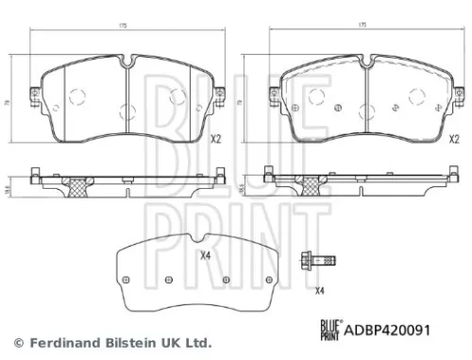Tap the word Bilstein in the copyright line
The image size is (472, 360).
point(129,342)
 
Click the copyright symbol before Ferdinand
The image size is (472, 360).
point(17,342)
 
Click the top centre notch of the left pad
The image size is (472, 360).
point(126,64)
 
